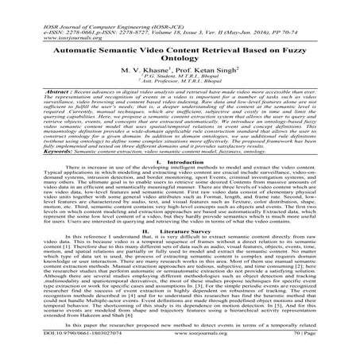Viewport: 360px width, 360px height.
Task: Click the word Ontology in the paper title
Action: tap(180, 58)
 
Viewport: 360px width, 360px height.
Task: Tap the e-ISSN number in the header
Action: tap(48, 14)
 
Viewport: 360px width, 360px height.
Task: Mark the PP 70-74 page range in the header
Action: tap(287, 14)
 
